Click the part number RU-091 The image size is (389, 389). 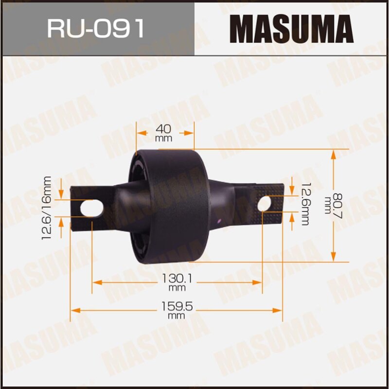pyautogui.click(x=96, y=29)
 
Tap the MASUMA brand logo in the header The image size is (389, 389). pyautogui.click(x=291, y=28)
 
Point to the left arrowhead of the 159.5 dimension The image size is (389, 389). pyautogui.click(x=74, y=310)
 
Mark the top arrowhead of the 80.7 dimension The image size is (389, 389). pyautogui.click(x=334, y=153)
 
